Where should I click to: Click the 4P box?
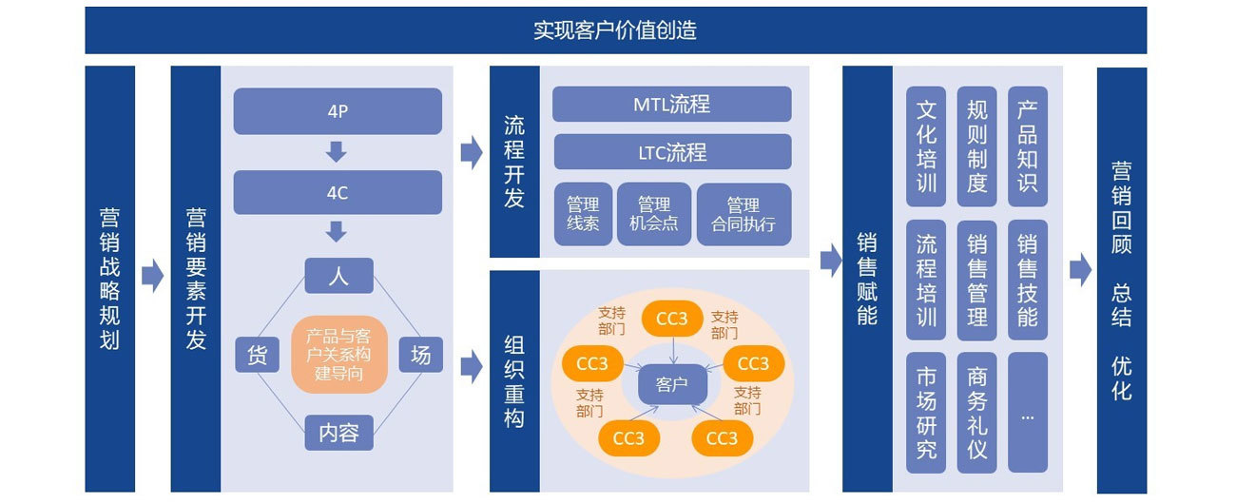click(338, 111)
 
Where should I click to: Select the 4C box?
click(338, 192)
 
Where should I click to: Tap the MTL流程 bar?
click(671, 104)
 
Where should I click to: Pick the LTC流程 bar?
click(672, 152)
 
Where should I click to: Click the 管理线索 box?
click(583, 214)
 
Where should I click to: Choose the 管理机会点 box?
click(654, 214)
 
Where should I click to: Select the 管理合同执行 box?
click(744, 214)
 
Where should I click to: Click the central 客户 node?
click(672, 384)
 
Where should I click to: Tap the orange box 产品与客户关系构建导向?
click(338, 355)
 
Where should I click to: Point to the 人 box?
click(338, 276)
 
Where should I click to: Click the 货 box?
click(257, 355)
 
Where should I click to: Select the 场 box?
click(420, 355)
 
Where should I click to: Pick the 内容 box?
click(338, 433)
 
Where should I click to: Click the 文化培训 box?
click(926, 146)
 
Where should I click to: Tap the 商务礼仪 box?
click(976, 413)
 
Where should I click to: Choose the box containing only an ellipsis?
click(1028, 413)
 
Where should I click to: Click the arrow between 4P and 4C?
click(336, 152)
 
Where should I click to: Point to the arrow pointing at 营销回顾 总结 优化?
click(1080, 270)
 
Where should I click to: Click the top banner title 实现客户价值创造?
click(615, 30)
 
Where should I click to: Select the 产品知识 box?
click(1028, 146)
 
